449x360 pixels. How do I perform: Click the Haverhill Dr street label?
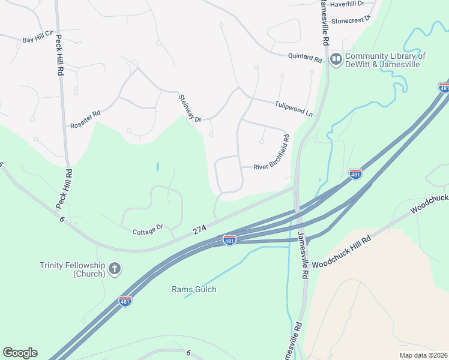click(x=347, y=4)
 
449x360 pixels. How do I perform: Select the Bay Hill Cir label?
click(x=38, y=40)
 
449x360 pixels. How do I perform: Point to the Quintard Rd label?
click(x=305, y=58)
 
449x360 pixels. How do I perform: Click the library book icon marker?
click(x=336, y=59)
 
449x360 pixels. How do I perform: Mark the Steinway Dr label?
click(x=190, y=108)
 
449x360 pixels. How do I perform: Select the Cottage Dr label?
click(x=148, y=228)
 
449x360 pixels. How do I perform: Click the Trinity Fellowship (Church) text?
click(x=73, y=269)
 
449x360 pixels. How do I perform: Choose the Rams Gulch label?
click(x=194, y=290)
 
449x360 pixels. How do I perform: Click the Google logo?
click(x=20, y=353)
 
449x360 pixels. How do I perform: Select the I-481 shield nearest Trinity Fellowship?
click(x=125, y=301)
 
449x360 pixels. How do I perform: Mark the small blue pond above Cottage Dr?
click(x=157, y=166)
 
